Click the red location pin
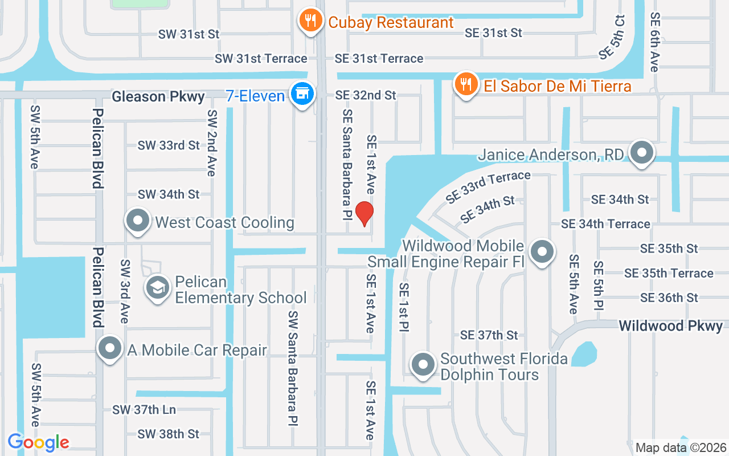364,213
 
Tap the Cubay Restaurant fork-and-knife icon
310,21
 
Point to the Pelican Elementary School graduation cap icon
158,288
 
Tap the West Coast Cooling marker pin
137,221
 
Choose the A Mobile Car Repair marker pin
110,348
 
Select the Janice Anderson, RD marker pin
642,153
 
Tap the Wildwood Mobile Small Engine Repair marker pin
542,251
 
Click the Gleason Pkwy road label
158,96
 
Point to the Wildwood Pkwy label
670,326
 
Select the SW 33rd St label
169,145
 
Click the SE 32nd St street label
365,95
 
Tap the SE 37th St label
489,335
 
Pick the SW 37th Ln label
144,409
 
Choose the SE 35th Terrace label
669,273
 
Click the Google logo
38,442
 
